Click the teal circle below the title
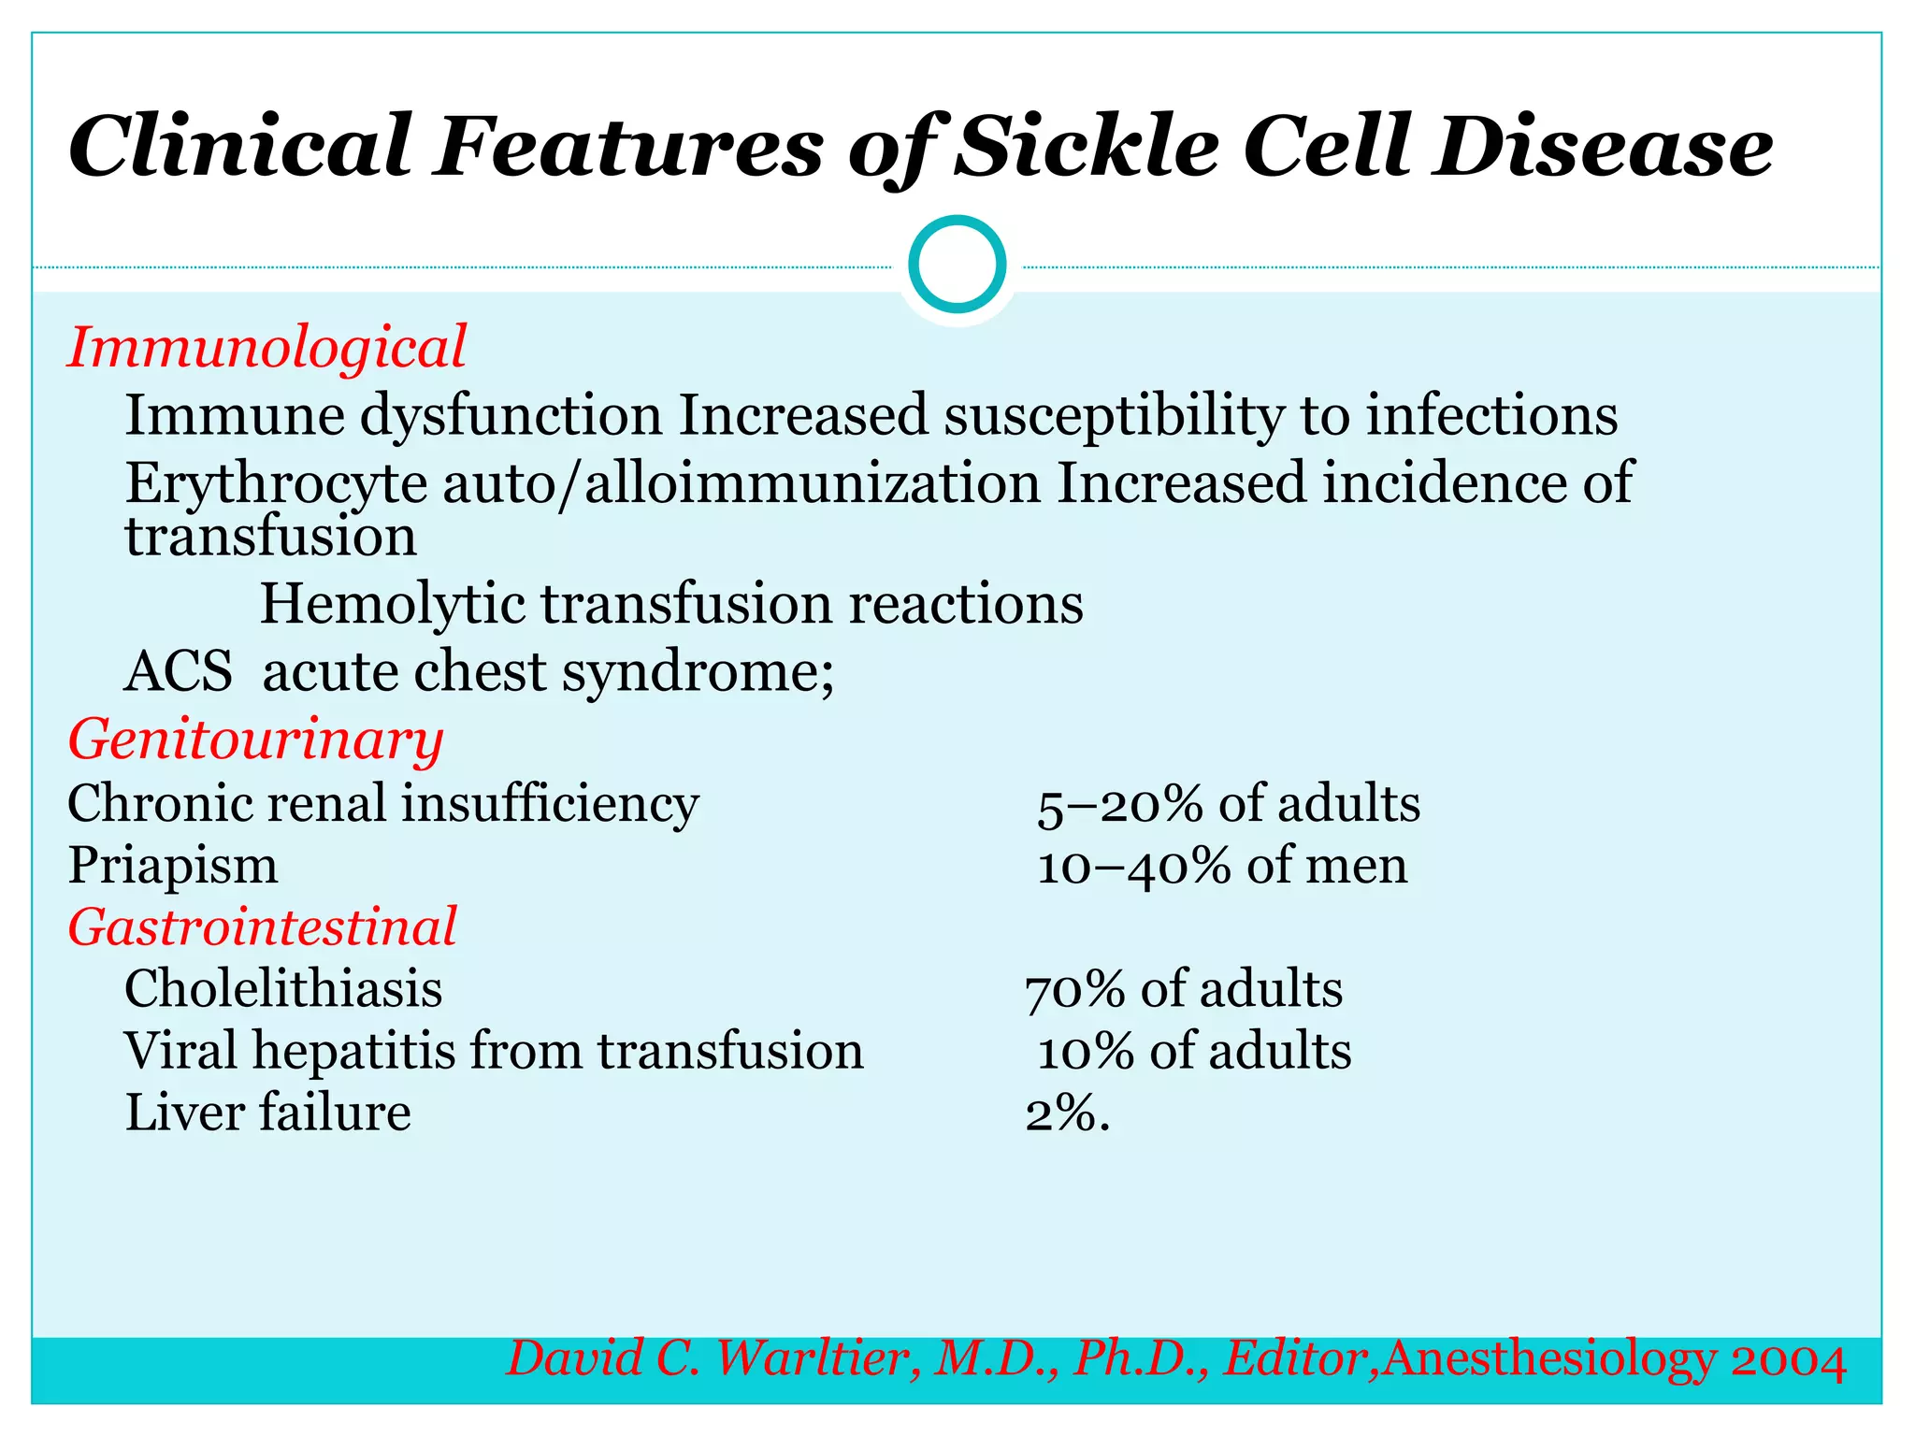[957, 265]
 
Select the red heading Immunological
[266, 347]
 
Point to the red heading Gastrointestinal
[262, 926]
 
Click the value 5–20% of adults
[1228, 804]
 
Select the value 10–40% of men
[1221, 866]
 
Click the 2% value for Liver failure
[1067, 1113]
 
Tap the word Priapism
[173, 866]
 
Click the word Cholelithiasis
[283, 989]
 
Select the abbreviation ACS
[179, 671]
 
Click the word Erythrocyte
[276, 483]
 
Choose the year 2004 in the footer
[1788, 1360]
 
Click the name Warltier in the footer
[812, 1358]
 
